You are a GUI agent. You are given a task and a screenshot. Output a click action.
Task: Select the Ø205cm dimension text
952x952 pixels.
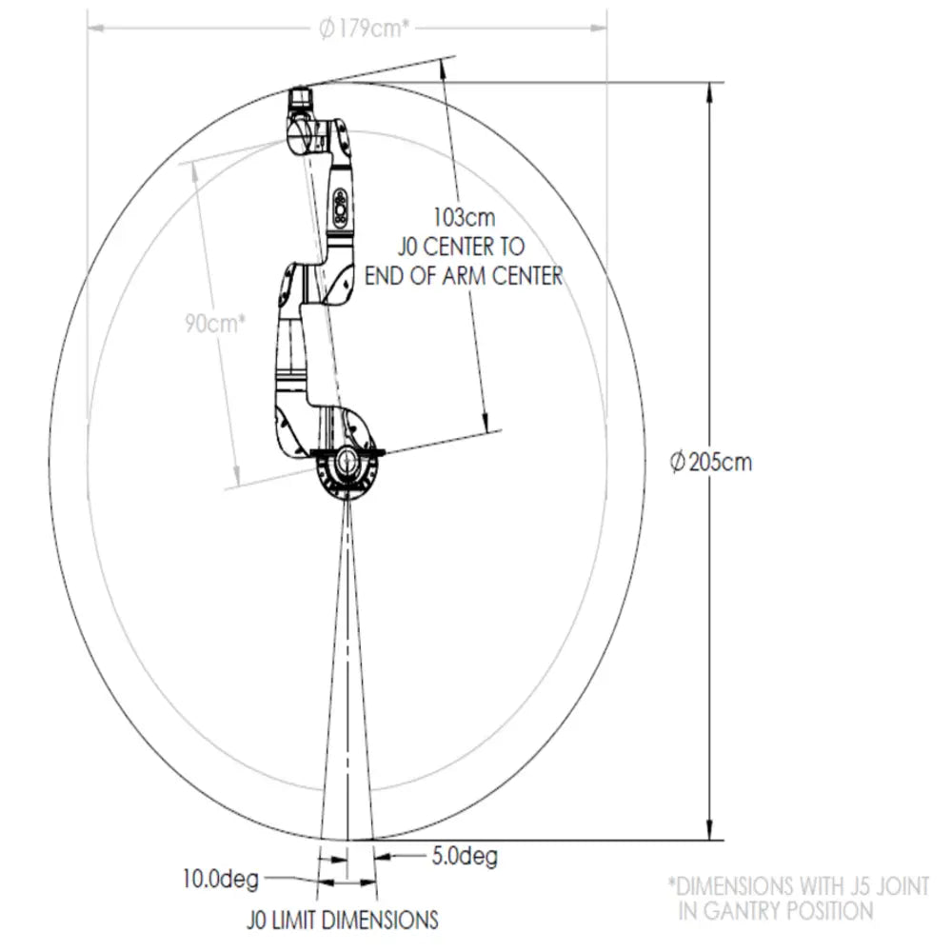coord(711,462)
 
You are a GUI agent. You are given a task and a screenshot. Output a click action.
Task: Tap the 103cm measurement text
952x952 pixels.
coord(464,217)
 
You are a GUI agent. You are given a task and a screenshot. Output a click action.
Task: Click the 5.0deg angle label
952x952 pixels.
coord(465,856)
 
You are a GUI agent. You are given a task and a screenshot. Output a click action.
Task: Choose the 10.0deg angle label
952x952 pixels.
coord(221,879)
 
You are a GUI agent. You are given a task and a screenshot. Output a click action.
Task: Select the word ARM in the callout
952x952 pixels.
coord(464,276)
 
